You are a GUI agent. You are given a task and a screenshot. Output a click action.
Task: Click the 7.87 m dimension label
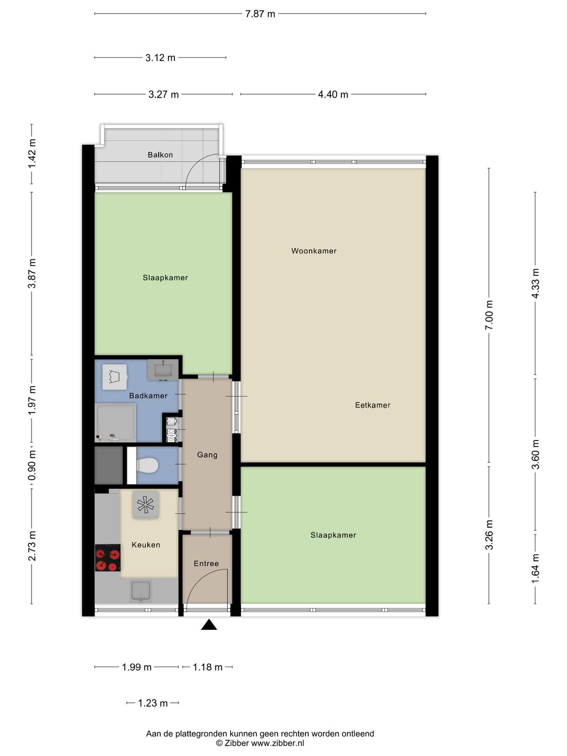coord(260,14)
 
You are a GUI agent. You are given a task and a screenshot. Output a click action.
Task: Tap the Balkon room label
coord(160,155)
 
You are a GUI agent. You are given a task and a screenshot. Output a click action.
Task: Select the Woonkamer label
coord(313,251)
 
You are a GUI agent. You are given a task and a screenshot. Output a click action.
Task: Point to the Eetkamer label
coord(373,405)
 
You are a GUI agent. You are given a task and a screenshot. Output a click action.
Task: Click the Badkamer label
coord(148,396)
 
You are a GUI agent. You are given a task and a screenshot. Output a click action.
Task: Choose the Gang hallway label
coord(207,455)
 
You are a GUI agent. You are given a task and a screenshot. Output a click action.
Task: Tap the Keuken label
coord(145,545)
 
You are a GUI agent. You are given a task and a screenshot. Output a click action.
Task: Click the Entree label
coord(206,563)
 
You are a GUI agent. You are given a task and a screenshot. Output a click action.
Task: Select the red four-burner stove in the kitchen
coord(108,558)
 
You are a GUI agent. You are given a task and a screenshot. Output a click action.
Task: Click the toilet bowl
coord(148,465)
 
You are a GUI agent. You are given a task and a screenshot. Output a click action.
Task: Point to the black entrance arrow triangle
coord(209,624)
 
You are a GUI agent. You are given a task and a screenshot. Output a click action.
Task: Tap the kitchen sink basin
coord(141,592)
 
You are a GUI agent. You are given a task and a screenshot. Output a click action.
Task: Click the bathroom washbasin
coord(163,370)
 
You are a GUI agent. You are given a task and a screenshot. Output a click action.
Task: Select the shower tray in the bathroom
coord(115,423)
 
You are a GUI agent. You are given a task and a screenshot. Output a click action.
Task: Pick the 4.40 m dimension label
coord(333,94)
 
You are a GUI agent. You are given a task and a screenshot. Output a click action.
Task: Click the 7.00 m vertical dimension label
coord(489,315)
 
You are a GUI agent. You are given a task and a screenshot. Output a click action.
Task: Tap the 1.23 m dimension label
coord(152,703)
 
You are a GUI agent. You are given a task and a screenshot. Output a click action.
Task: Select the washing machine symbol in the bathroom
coord(114,377)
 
